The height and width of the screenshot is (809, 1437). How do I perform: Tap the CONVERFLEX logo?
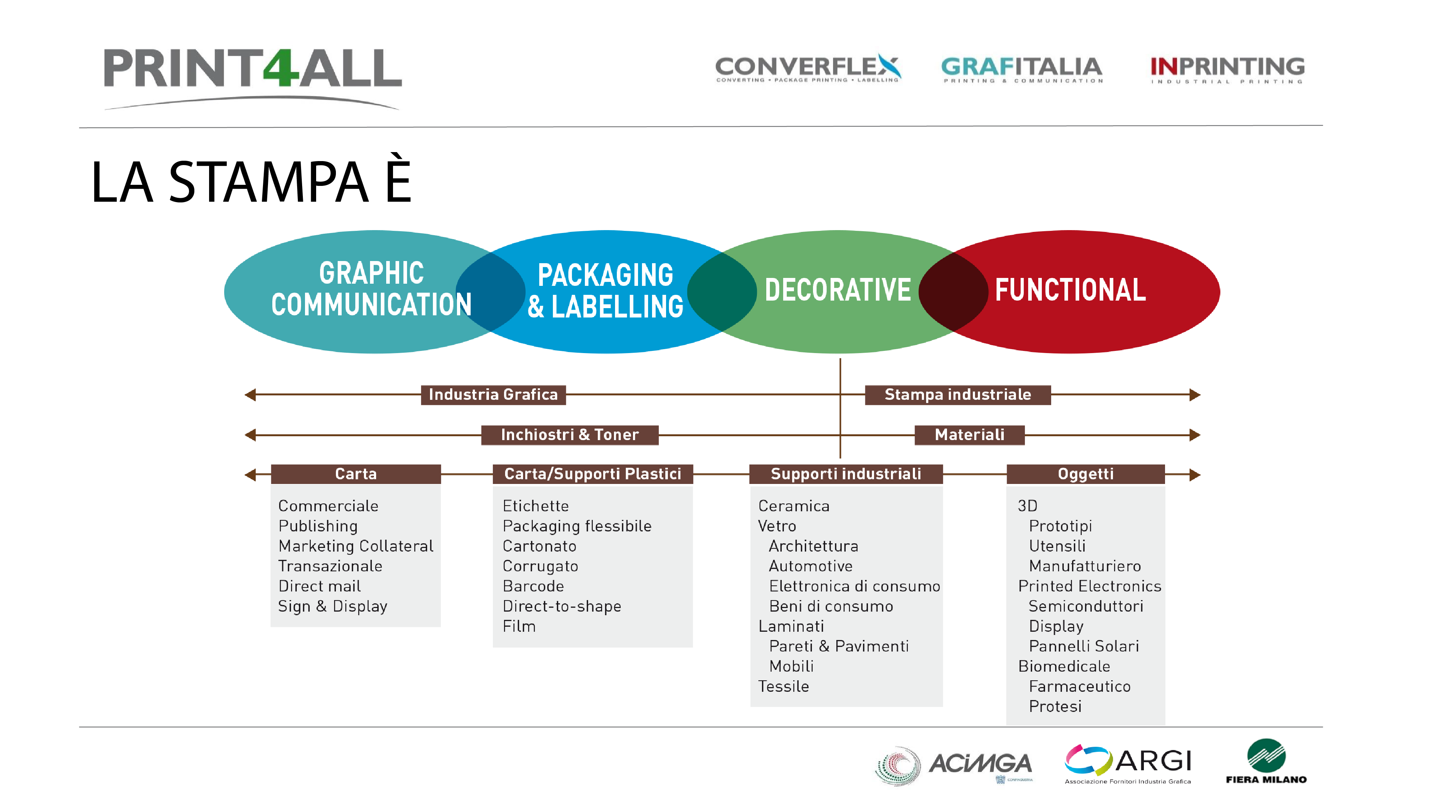[808, 68]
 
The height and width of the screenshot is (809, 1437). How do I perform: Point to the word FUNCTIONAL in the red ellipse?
[1070, 290]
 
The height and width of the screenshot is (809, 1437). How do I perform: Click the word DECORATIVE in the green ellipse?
[837, 290]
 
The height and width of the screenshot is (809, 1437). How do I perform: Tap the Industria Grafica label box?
[493, 395]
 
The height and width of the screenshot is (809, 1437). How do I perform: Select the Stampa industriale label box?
[957, 395]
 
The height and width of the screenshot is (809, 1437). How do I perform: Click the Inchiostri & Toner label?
[569, 435]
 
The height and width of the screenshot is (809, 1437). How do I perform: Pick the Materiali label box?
[969, 435]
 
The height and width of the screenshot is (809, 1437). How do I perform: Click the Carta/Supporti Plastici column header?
[592, 474]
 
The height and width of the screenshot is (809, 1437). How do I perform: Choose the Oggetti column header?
[1085, 474]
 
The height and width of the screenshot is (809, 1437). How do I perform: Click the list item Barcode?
[533, 586]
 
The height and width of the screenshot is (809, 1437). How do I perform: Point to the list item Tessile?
[783, 687]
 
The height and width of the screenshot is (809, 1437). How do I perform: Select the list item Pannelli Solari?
[1083, 646]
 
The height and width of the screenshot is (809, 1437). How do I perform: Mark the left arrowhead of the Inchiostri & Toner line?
[250, 435]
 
